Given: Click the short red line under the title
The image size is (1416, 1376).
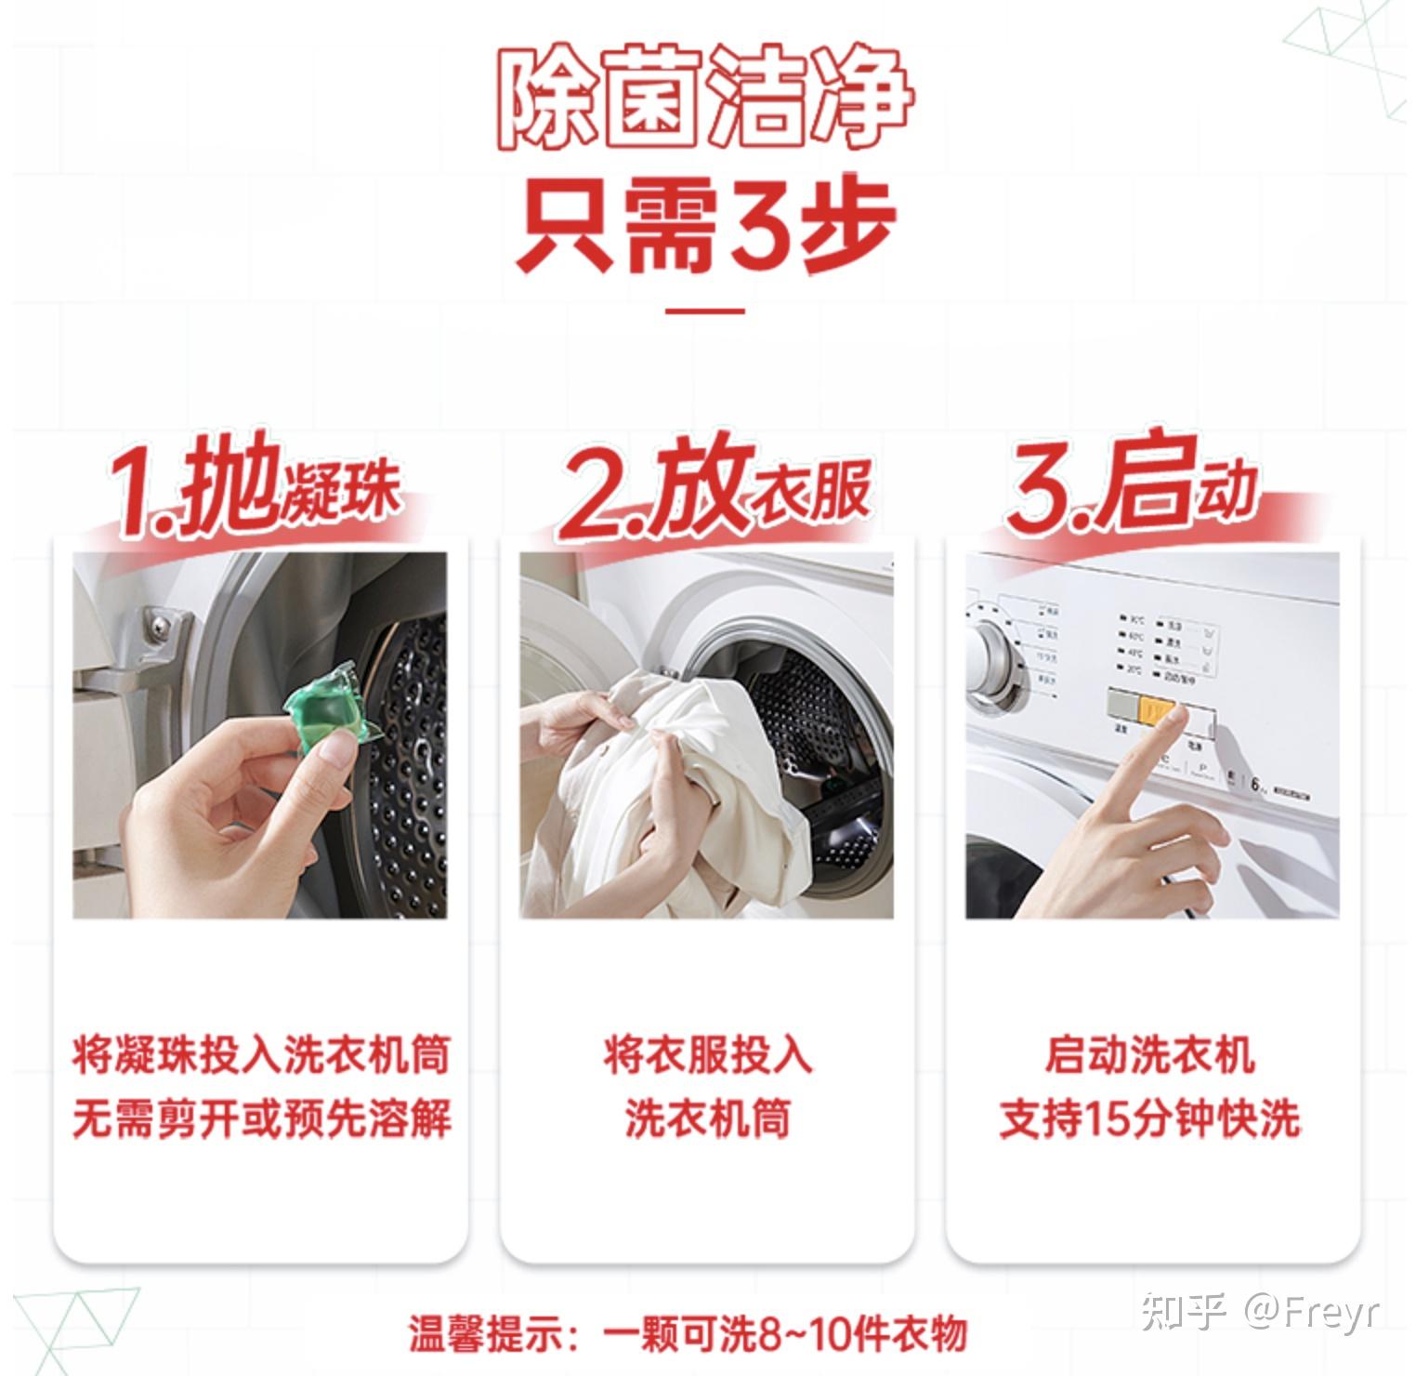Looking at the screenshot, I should coord(705,311).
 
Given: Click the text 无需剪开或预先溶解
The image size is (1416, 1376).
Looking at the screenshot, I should coord(261,1118).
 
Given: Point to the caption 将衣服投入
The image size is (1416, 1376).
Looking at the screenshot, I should coord(707,1055).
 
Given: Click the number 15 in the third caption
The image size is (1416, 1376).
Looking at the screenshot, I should coord(1106,1118).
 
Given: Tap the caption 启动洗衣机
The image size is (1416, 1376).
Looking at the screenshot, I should coord(1149,1055).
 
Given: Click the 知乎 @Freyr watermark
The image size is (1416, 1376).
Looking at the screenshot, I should coord(1260,1310).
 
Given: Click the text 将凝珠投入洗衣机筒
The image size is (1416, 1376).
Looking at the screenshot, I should coord(261,1055).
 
